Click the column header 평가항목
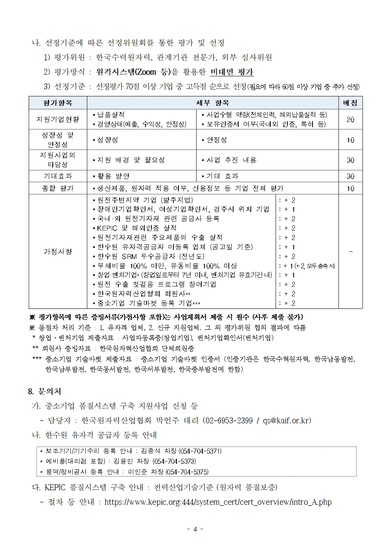[57, 103]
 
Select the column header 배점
[350, 103]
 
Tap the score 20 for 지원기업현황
[350, 120]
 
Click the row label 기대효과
[57, 176]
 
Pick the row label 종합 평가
[57, 188]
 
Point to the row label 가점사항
[57, 251]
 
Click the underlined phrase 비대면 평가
[232, 72]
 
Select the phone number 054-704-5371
[201, 451]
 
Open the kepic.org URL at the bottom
[218, 502]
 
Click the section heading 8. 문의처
[44, 392]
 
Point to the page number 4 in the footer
[195, 529]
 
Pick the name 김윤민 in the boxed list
[122, 462]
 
